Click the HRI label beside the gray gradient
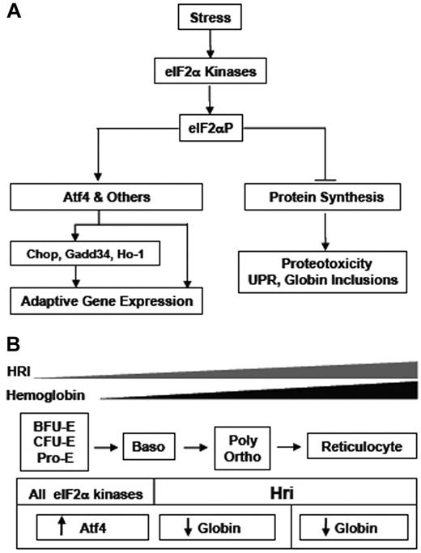click(16, 371)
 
